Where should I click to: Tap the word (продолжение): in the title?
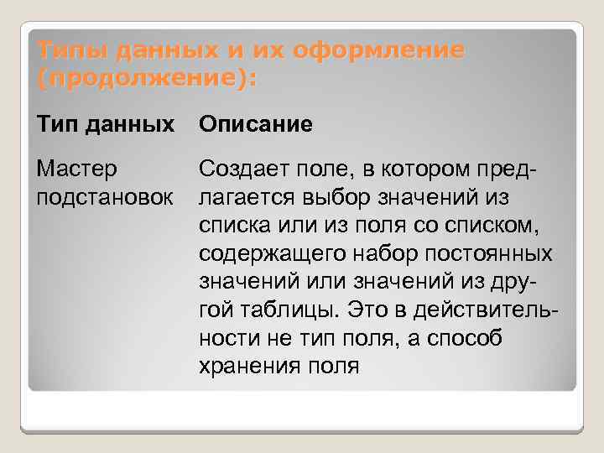[147, 79]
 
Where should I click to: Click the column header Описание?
[255, 125]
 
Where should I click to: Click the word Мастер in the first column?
[77, 169]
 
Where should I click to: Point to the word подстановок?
[105, 198]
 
